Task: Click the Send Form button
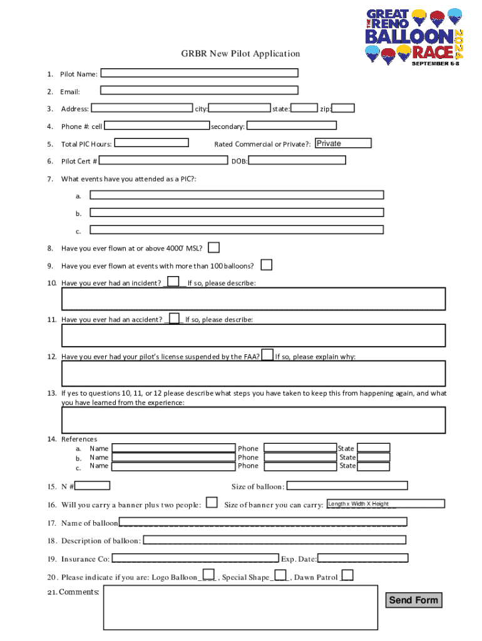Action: pos(413,600)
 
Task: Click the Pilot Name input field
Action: pos(199,73)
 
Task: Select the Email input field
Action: pos(199,91)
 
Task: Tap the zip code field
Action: pos(343,108)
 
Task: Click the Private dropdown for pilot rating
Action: pos(342,143)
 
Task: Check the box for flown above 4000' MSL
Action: pos(213,247)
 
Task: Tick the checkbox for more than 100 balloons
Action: pos(267,265)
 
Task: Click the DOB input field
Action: pos(297,160)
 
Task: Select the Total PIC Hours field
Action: pos(151,143)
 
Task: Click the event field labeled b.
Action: pos(237,212)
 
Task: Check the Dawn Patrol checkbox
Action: pos(347,575)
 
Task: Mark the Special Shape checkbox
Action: pos(281,575)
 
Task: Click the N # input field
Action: pos(93,485)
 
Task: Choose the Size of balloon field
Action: pos(347,485)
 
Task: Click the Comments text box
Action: pos(240,607)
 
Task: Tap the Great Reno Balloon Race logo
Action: pos(414,36)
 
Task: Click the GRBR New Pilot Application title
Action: pos(240,54)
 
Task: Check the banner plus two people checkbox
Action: pos(212,503)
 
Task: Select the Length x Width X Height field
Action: pos(385,503)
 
